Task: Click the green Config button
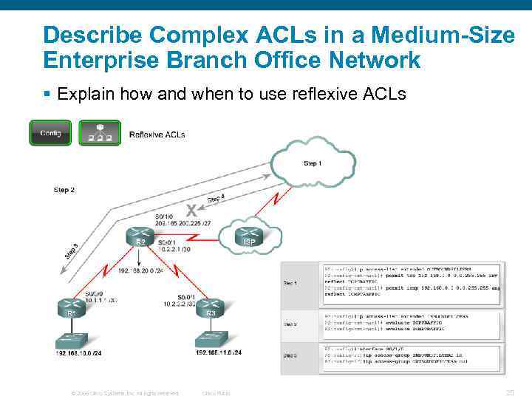coord(50,133)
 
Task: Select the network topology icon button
coord(95,133)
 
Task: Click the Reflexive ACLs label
coord(157,134)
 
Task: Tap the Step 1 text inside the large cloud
coord(313,163)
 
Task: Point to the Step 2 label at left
coord(64,190)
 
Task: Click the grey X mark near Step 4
coord(191,209)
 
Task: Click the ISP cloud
coord(248,237)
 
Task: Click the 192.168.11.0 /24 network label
coord(219,353)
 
